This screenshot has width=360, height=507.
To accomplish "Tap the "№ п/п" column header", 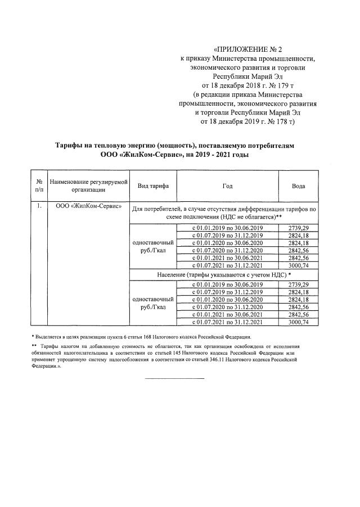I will [39, 185].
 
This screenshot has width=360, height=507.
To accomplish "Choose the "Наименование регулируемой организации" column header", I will [89, 185].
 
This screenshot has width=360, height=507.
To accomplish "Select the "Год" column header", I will [227, 185].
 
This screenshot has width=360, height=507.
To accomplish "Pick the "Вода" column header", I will [298, 185].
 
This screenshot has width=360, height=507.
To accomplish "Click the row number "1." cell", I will [39, 206].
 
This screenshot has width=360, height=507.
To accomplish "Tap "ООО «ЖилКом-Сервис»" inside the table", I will [89, 206].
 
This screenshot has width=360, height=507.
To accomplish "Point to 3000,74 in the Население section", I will [298, 323].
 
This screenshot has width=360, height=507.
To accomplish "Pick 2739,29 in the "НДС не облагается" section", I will [298, 227].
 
